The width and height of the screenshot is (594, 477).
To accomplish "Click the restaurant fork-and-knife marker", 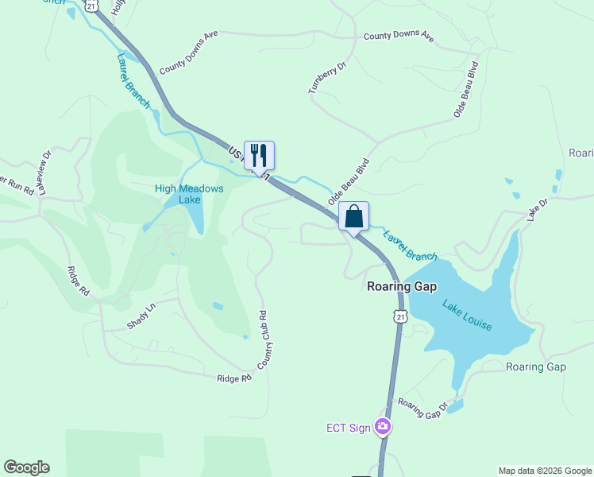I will (x=259, y=154).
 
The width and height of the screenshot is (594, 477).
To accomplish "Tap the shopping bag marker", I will (x=353, y=216).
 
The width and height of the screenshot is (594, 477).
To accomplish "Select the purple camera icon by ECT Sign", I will (x=383, y=428).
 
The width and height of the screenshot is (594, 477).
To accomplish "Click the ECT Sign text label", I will (x=349, y=428).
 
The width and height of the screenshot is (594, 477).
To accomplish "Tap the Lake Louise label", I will (x=468, y=316).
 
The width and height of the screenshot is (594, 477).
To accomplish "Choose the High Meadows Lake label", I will (x=189, y=194).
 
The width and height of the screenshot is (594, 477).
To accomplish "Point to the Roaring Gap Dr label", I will (x=423, y=409).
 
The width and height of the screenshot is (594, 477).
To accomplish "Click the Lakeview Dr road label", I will (x=44, y=165).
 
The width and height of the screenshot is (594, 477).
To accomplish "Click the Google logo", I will (x=26, y=467).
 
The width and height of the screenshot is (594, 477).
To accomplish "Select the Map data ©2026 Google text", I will (x=545, y=471).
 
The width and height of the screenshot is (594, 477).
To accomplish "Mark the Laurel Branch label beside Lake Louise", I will (x=410, y=246).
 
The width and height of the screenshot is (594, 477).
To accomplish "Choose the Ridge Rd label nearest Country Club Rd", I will (x=234, y=378).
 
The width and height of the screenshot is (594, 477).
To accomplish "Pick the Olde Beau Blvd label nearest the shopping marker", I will (x=349, y=183).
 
